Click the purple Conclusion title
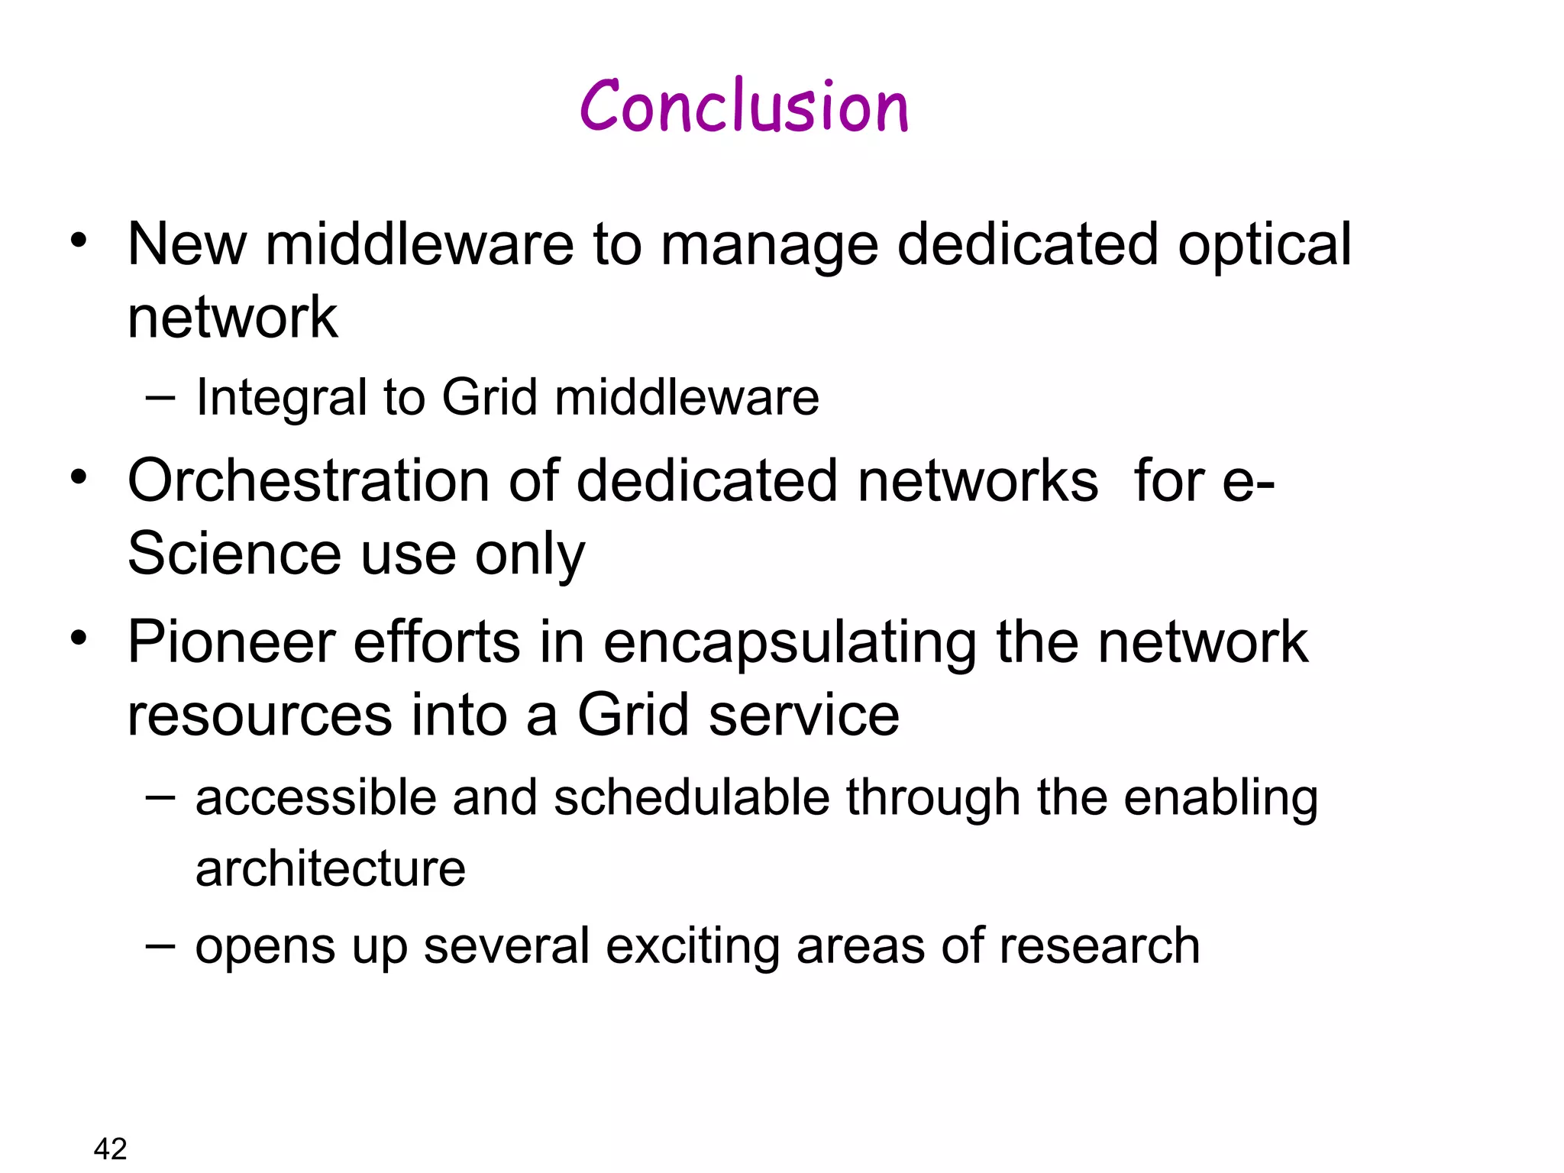744,107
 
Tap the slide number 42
110,1149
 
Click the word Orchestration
309,481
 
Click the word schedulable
691,798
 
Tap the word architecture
330,869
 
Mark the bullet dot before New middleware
79,241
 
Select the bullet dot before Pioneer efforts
79,637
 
